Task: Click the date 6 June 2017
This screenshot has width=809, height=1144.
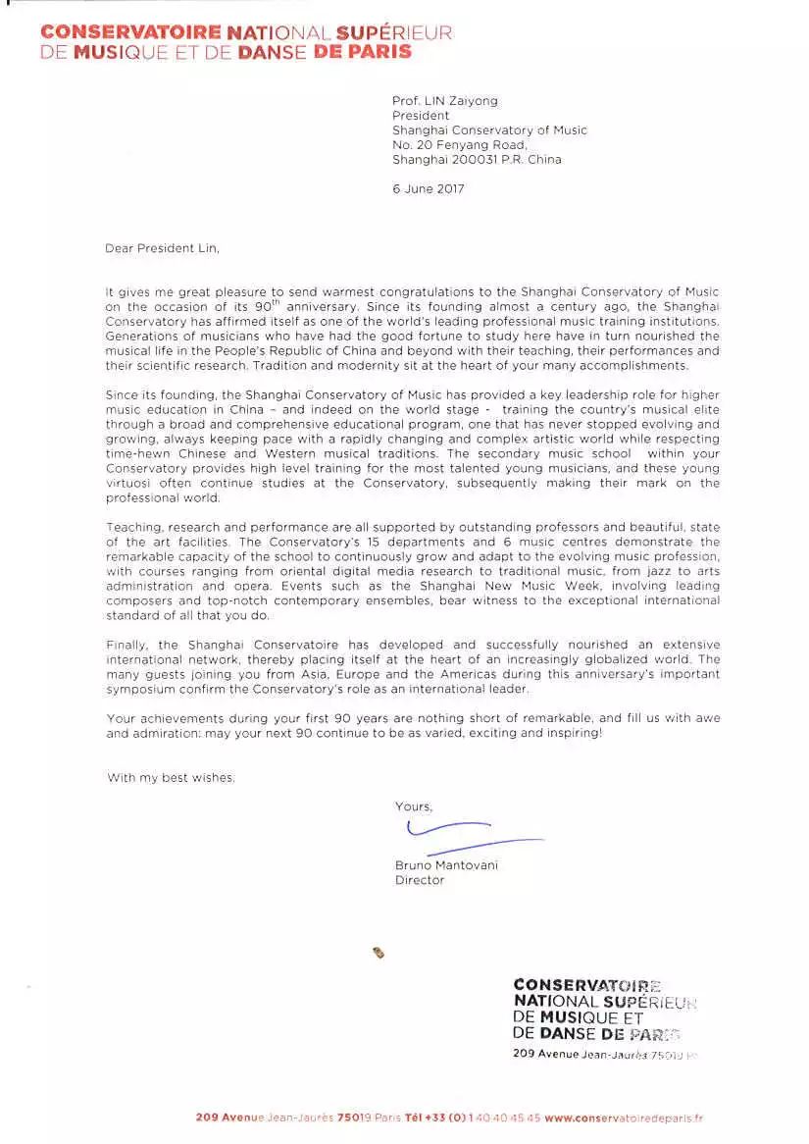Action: (x=429, y=189)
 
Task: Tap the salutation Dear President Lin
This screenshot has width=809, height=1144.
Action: (x=163, y=248)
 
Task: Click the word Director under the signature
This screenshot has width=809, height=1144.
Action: (x=420, y=880)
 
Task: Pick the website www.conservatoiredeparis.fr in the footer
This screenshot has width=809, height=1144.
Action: (x=624, y=1118)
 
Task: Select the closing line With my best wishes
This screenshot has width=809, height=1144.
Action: (x=172, y=778)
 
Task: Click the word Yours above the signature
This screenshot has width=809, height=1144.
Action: (x=413, y=806)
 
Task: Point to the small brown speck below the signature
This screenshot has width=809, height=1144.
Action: (x=379, y=951)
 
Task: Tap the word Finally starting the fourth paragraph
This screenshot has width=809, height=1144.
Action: (x=128, y=645)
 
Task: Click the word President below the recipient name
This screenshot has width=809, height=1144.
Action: (x=421, y=116)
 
